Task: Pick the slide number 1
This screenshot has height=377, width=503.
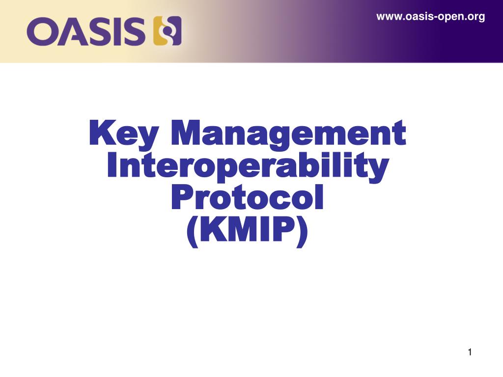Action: [470, 352]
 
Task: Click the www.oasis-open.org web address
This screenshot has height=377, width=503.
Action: [430, 17]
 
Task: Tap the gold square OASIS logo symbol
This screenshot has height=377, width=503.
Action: [168, 30]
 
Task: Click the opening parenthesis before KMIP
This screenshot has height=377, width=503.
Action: [192, 231]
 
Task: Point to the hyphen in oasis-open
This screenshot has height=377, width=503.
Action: [435, 18]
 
